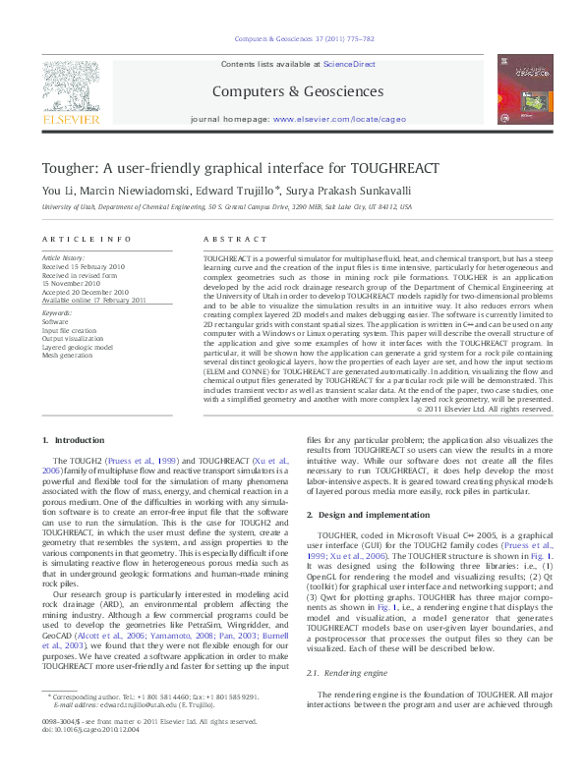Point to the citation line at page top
[291, 40]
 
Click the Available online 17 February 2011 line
[93, 300]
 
